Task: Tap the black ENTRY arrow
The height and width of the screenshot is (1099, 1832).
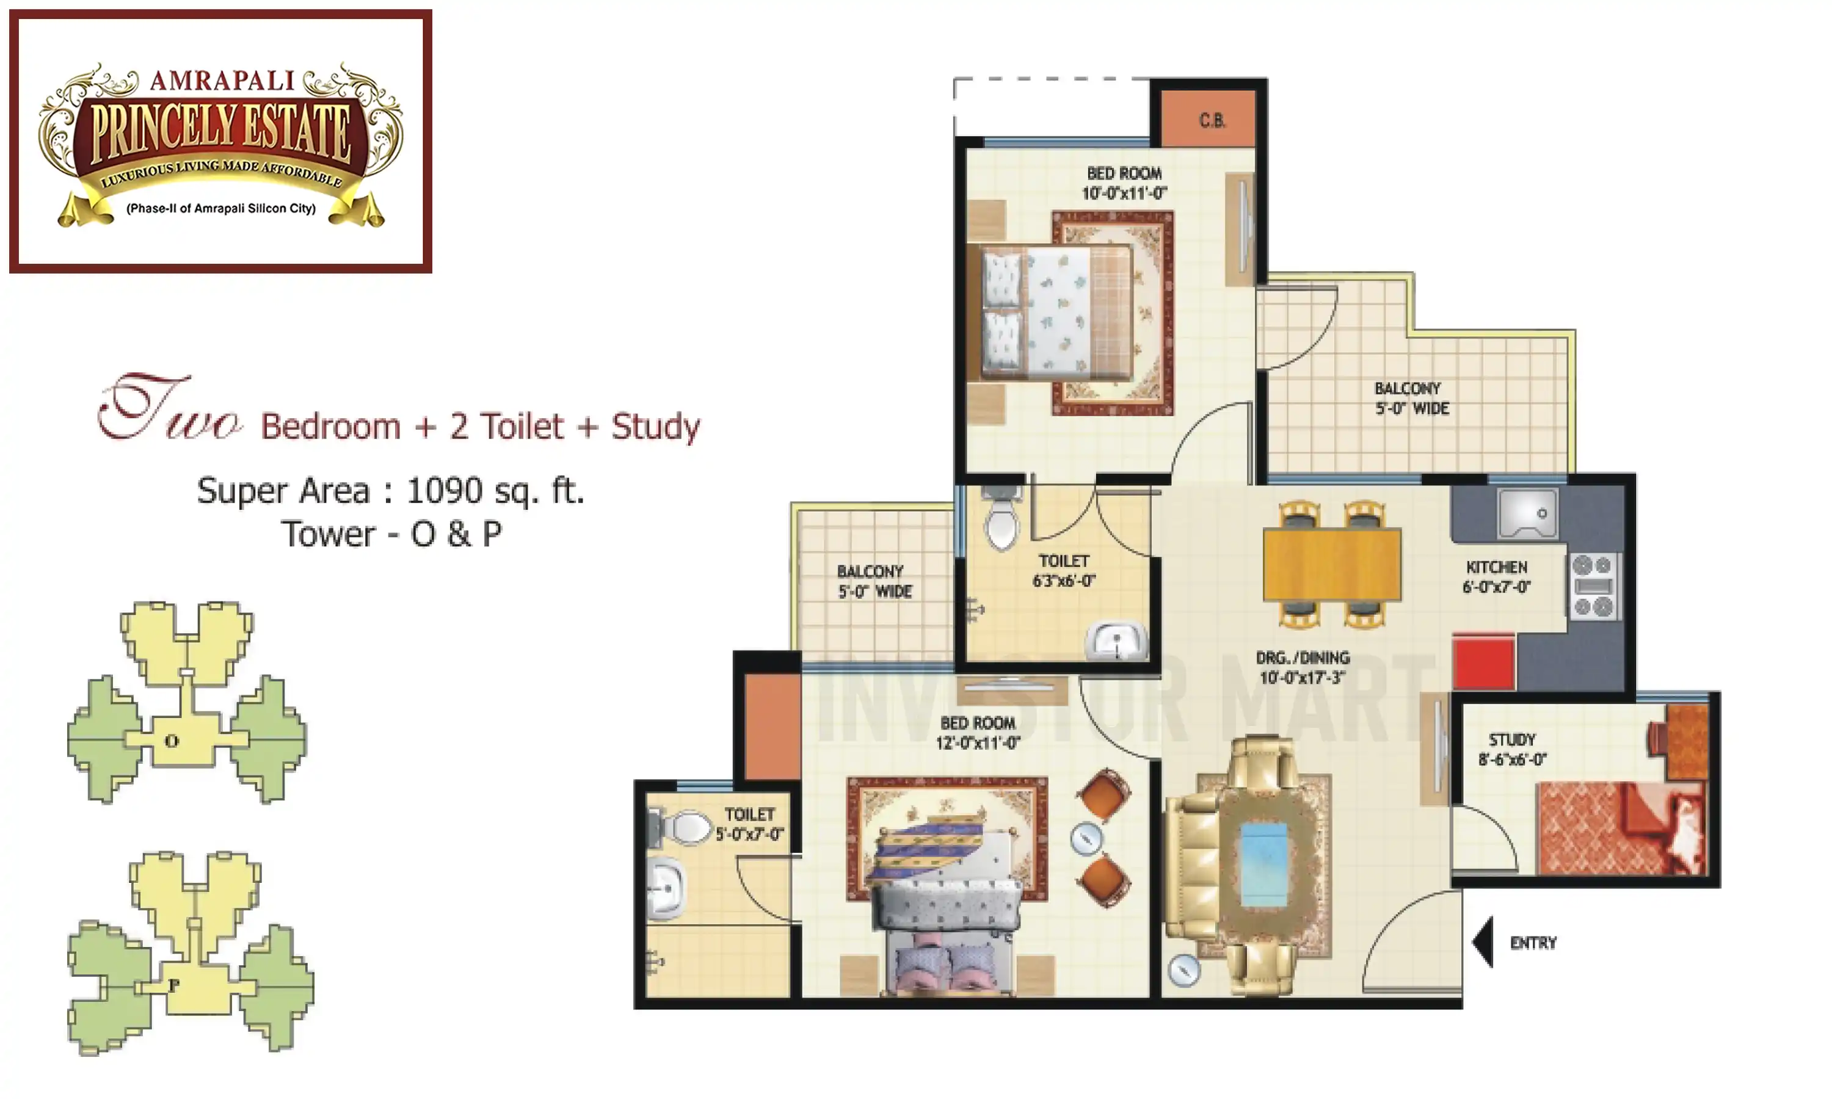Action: tap(1483, 942)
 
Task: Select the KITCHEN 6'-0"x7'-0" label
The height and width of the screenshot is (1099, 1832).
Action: tap(1496, 577)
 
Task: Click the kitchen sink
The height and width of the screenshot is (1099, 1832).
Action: tap(1527, 513)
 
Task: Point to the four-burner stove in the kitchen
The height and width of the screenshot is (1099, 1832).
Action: tap(1594, 586)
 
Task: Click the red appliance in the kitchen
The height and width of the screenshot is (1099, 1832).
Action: tap(1483, 661)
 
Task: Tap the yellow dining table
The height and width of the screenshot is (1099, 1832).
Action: tap(1331, 564)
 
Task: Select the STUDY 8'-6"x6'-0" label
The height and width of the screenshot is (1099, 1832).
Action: tap(1512, 749)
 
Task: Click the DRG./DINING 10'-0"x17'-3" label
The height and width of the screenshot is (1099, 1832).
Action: tap(1303, 667)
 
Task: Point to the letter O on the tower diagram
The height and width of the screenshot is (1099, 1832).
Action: tap(172, 741)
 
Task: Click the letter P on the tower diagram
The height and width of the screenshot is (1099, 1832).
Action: tap(174, 985)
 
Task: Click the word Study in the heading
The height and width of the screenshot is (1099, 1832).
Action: tap(655, 427)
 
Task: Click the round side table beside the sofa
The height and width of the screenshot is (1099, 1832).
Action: tap(1183, 970)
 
